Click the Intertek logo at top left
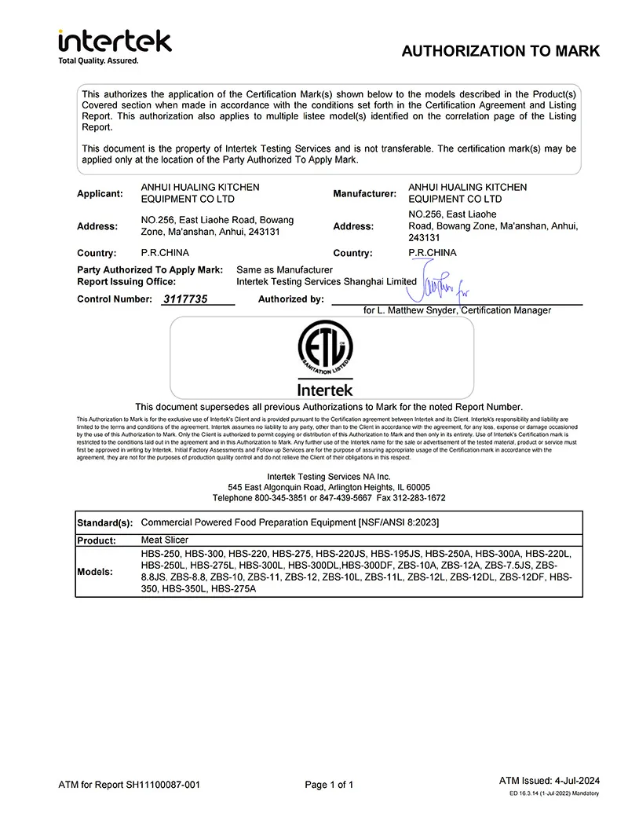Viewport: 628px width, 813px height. tap(115, 41)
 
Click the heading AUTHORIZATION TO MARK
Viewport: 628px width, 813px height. tap(500, 51)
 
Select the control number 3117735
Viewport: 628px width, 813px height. tap(185, 299)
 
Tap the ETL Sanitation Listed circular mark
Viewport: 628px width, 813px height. tap(325, 349)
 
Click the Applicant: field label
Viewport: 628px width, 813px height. tap(100, 193)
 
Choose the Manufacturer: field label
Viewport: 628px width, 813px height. tap(364, 193)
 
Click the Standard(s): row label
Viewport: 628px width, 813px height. tap(104, 523)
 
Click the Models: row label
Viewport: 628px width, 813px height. tap(95, 572)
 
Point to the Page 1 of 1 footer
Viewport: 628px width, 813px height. tap(329, 784)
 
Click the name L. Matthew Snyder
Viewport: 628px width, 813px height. tap(418, 310)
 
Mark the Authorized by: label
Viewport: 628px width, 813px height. tap(290, 299)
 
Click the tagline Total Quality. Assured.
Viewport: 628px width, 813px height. tap(98, 60)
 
